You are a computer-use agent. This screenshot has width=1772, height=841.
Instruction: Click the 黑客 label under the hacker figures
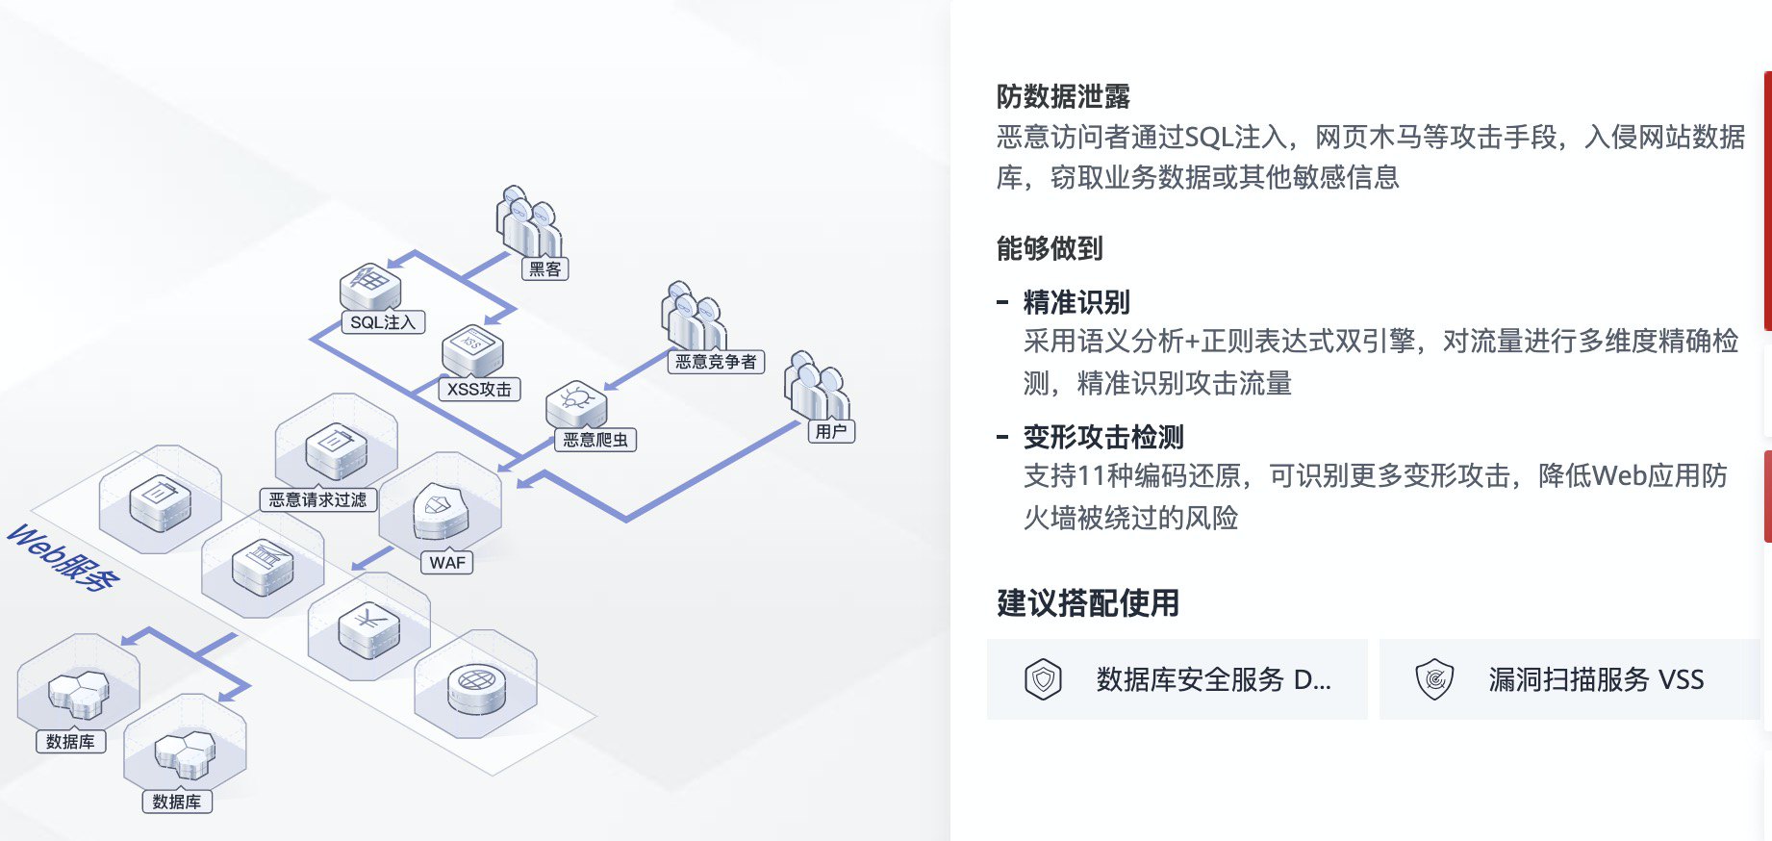pyautogui.click(x=544, y=269)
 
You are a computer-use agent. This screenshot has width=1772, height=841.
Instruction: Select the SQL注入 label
pyautogui.click(x=383, y=322)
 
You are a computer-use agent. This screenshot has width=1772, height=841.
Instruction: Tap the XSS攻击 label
pyautogui.click(x=479, y=390)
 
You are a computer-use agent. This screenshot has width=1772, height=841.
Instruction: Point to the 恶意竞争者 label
pyautogui.click(x=716, y=362)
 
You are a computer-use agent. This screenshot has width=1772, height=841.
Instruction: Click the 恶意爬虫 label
pyautogui.click(x=595, y=440)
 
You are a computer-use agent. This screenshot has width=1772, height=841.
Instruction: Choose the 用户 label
pyautogui.click(x=831, y=431)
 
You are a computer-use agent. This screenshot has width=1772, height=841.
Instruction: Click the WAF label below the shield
pyautogui.click(x=447, y=563)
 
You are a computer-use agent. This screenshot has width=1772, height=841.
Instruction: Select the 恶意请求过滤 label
pyautogui.click(x=317, y=499)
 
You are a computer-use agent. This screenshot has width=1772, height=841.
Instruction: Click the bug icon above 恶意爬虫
pyautogui.click(x=576, y=398)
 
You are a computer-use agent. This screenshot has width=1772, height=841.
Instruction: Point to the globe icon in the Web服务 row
pyautogui.click(x=474, y=681)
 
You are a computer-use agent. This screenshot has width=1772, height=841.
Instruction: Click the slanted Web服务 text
pyautogui.click(x=63, y=558)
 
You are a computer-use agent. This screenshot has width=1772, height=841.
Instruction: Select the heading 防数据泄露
pyautogui.click(x=1063, y=97)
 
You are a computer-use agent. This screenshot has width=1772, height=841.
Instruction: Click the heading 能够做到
pyautogui.click(x=1050, y=249)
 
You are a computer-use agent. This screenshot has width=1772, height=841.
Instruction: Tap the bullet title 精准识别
pyautogui.click(x=1076, y=303)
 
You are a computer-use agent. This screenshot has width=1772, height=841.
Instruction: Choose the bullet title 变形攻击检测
pyautogui.click(x=1103, y=438)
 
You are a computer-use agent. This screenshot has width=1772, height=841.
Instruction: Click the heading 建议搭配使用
pyautogui.click(x=1088, y=603)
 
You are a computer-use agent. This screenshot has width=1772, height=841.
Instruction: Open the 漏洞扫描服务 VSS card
pyautogui.click(x=1569, y=679)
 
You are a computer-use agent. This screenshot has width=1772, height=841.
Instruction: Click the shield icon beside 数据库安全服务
pyautogui.click(x=1043, y=679)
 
